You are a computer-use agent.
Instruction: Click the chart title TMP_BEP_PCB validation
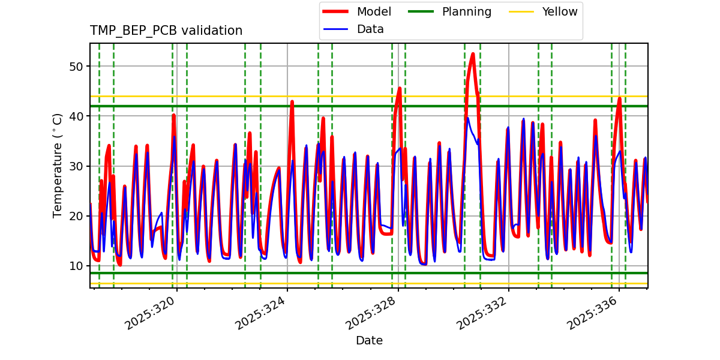point(166,31)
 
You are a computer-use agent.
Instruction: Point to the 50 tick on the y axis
point(76,66)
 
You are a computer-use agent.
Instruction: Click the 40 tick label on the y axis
point(76,116)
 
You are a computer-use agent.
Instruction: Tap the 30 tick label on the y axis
point(76,166)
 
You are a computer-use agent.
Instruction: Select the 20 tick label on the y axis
point(76,216)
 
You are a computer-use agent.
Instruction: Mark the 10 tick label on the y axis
point(76,266)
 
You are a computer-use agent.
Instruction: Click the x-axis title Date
point(369,341)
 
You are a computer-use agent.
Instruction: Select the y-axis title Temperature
point(58,166)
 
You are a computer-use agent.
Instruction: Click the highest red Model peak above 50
point(473,54)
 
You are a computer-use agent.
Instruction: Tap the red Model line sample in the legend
point(337,11)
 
